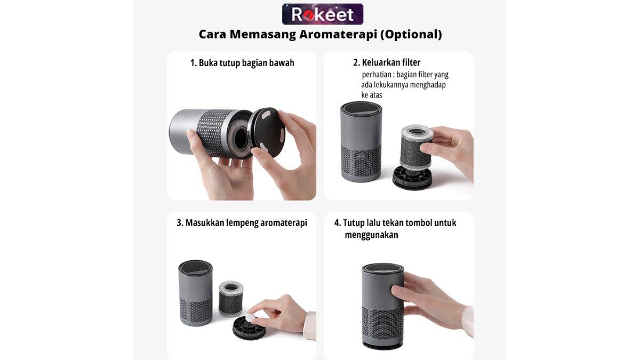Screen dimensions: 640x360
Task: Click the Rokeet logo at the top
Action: [323, 14]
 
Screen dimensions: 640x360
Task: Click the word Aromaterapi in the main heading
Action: [338, 35]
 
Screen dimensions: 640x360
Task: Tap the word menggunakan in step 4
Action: [371, 235]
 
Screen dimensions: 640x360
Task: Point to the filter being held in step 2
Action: [415, 146]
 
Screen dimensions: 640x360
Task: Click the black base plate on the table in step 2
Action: [411, 178]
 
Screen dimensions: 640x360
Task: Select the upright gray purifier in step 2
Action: [361, 141]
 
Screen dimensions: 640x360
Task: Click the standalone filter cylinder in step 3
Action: [230, 298]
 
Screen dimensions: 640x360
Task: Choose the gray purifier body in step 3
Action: [195, 293]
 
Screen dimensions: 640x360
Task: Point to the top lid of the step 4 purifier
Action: [382, 269]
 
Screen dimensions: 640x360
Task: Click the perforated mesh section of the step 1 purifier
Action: [212, 133]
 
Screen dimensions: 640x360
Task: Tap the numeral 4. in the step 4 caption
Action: [338, 223]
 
